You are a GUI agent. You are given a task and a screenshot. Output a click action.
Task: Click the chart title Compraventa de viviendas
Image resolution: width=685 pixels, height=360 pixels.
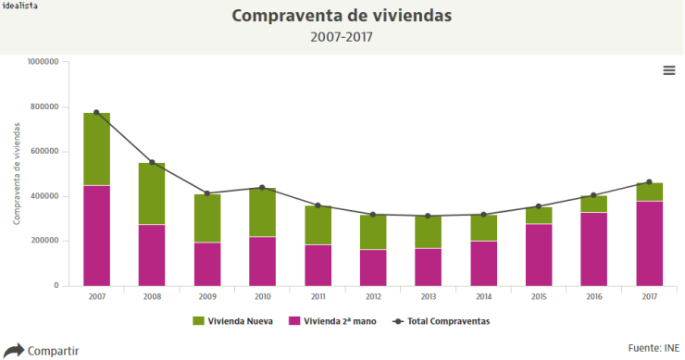point(342,17)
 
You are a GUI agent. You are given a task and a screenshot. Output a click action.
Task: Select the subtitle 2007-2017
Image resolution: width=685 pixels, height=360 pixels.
point(342,38)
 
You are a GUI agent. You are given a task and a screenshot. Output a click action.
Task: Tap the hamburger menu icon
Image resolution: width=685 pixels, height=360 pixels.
point(668,70)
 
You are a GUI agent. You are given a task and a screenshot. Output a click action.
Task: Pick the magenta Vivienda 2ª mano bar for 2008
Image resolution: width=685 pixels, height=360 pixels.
point(152,254)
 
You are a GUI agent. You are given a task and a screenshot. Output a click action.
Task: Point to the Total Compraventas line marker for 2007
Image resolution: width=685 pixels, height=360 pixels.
point(96,113)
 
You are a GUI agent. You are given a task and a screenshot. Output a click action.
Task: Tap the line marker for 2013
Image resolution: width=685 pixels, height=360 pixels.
point(428,216)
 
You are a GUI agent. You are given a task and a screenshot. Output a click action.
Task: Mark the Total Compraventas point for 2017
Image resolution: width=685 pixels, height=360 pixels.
point(649,182)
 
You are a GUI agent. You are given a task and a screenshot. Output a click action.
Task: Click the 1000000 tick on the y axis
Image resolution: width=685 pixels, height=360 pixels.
point(44,62)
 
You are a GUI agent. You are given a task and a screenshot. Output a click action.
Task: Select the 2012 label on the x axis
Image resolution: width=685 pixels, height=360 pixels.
point(372,297)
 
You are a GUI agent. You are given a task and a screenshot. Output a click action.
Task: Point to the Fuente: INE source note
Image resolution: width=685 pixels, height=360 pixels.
point(653,347)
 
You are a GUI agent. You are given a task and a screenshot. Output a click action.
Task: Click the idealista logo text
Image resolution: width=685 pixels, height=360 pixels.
point(19,6)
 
